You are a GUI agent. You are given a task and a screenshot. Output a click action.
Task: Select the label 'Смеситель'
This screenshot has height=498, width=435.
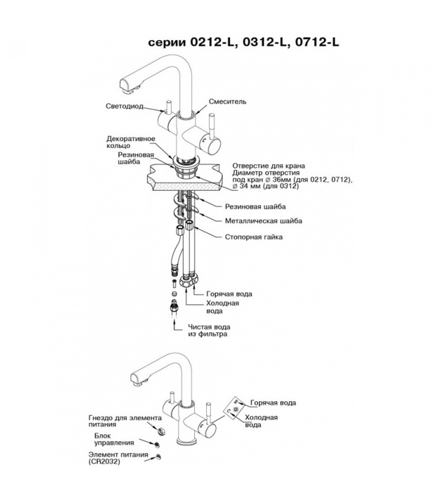(227, 101)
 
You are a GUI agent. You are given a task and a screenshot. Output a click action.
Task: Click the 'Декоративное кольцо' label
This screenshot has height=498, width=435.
(130, 142)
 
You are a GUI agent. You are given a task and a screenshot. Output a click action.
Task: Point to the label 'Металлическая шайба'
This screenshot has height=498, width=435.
(263, 221)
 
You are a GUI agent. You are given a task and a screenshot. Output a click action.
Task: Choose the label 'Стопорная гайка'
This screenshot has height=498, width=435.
(254, 237)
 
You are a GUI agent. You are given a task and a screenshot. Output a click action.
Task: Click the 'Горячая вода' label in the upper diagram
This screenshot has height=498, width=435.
(229, 294)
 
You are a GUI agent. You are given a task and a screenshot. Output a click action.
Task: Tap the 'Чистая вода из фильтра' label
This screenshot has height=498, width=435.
(209, 331)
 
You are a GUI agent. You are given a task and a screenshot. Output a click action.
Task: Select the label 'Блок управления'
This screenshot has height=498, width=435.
(114, 439)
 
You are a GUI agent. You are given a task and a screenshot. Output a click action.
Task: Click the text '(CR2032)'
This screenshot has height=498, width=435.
(104, 462)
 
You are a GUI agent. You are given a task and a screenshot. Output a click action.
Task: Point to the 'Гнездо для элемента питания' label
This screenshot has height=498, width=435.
(125, 421)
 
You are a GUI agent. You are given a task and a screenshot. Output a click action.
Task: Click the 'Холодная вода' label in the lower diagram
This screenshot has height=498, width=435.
(261, 421)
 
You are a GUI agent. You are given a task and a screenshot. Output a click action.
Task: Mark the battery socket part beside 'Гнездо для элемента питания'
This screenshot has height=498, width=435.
(161, 431)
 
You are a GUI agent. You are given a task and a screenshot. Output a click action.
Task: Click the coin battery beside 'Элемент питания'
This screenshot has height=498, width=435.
(159, 457)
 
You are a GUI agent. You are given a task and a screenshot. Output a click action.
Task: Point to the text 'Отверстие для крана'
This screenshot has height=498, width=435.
(269, 166)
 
